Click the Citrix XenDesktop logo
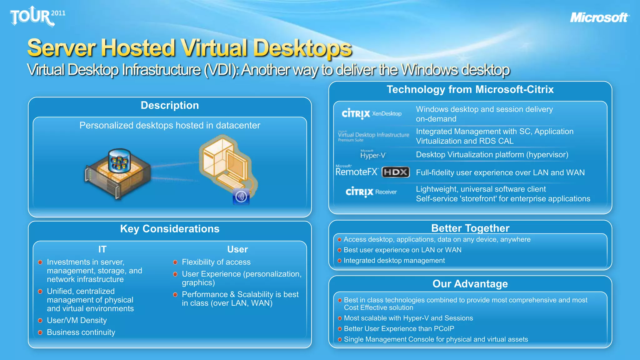point(371,114)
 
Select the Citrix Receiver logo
point(371,192)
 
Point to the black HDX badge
point(396,172)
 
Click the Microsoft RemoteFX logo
point(357,171)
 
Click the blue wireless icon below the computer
point(241,197)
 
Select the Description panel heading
point(170,105)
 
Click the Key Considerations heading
point(170,229)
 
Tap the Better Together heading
point(470,228)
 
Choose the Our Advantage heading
point(470,284)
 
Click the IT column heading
point(102,249)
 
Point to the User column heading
point(237,249)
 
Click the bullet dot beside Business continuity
point(40,332)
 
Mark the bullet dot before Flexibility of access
point(175,262)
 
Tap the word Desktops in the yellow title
point(302,48)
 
